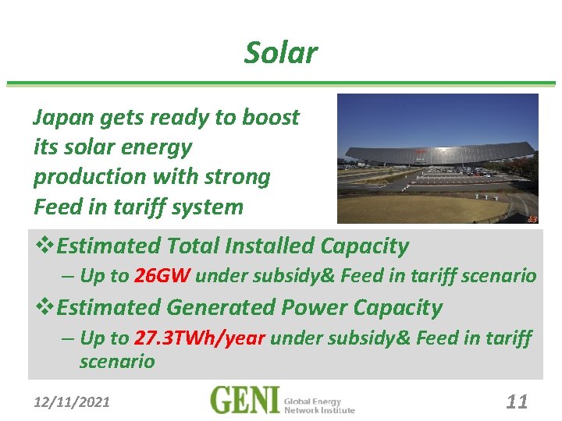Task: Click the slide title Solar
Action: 280,53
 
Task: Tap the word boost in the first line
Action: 270,118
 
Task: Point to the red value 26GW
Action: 162,276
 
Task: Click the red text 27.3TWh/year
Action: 201,338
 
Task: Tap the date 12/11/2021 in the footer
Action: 72,402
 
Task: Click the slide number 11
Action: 517,402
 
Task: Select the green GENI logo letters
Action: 244,401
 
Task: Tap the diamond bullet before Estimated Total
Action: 44,246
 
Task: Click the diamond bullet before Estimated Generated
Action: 44,308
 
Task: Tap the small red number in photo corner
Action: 532,219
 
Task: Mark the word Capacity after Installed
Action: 365,246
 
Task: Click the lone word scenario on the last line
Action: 117,362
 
